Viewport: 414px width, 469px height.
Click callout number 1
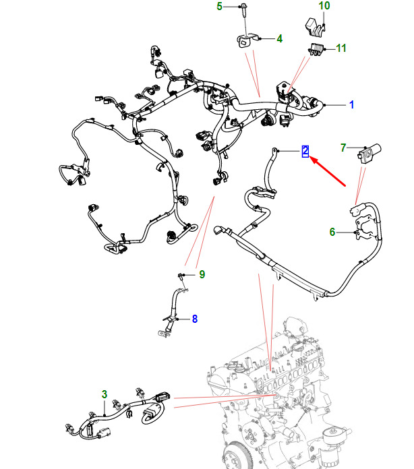point(352,104)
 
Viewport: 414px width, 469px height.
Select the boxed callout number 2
point(305,151)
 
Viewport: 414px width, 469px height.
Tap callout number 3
point(104,394)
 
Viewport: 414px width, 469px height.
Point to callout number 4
point(279,38)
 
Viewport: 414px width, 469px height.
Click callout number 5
point(219,6)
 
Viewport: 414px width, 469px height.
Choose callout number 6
point(332,232)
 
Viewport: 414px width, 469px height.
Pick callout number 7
point(343,148)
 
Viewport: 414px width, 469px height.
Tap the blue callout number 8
point(195,319)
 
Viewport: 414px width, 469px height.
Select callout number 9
point(202,274)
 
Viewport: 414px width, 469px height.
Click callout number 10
point(324,5)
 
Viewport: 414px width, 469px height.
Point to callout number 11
point(341,48)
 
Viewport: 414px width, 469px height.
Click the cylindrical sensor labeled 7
point(369,153)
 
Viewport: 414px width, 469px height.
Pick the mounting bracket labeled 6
point(365,228)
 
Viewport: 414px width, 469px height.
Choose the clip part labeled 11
point(316,49)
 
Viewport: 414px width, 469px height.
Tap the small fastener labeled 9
point(181,276)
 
